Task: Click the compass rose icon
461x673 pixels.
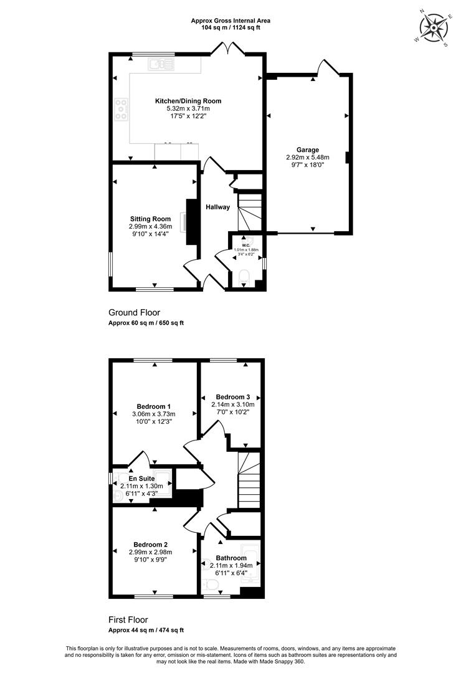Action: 434,27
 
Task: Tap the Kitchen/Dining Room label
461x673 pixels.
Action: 188,102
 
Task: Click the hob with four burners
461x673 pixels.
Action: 121,109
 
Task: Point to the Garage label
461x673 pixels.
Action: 308,150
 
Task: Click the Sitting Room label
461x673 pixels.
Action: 151,219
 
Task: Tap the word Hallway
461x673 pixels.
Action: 217,207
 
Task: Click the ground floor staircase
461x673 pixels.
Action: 250,212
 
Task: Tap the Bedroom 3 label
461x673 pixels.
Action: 232,397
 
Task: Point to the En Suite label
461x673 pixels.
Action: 141,479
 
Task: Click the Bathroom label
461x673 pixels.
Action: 231,558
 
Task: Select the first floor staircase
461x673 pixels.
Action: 249,480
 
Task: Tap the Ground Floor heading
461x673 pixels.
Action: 135,312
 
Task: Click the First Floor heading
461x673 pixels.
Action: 128,620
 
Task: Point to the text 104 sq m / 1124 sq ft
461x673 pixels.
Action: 230,27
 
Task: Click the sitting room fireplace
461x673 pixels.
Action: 191,222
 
